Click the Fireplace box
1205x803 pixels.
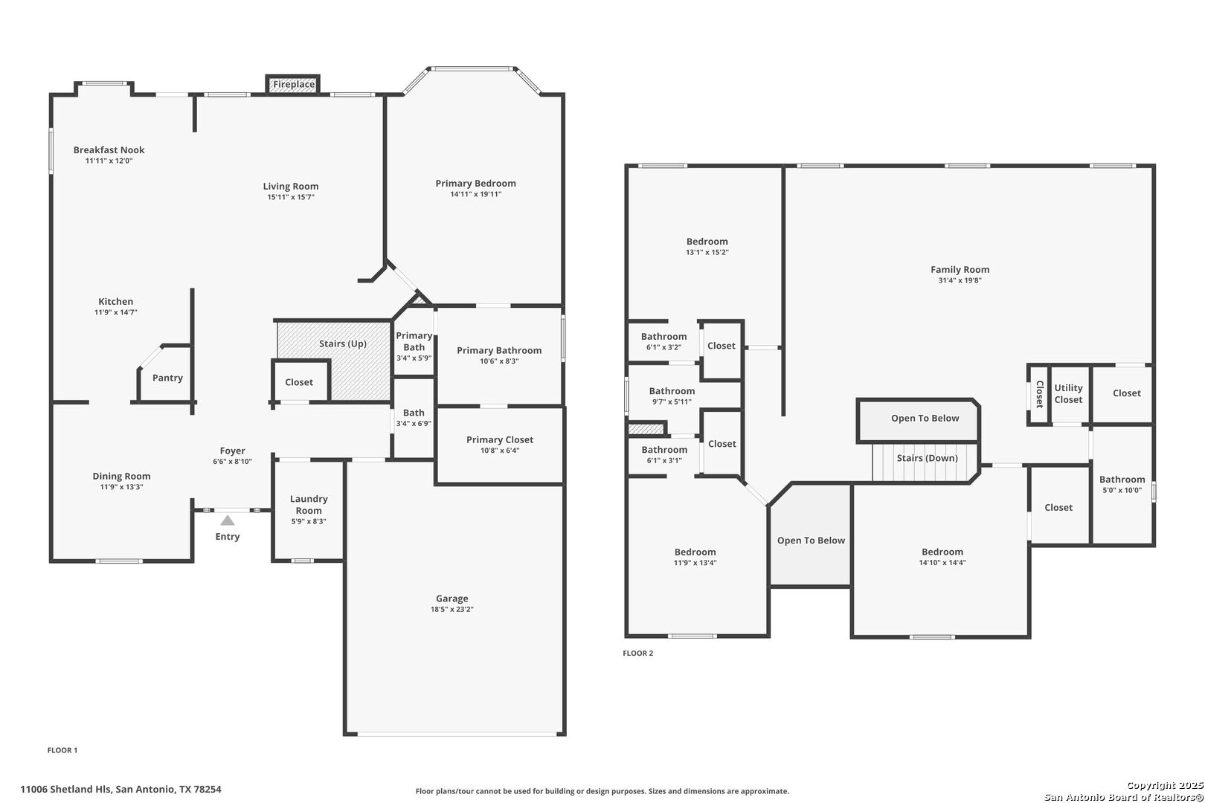point(293,85)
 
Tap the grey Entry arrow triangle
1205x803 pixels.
point(228,520)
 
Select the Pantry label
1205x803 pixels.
point(167,378)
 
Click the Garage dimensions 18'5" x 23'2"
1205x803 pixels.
point(452,610)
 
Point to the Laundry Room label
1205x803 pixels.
point(309,505)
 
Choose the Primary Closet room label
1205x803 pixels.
point(500,439)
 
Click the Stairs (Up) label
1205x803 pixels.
point(343,344)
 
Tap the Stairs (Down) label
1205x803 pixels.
point(927,458)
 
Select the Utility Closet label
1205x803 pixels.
point(1068,394)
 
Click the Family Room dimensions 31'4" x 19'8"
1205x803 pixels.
point(960,280)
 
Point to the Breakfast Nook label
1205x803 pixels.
point(109,150)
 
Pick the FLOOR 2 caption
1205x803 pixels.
point(638,653)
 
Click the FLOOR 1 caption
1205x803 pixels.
point(62,750)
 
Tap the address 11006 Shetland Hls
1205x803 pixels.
point(65,789)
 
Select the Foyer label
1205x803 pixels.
point(232,451)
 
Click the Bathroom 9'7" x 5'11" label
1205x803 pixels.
point(672,391)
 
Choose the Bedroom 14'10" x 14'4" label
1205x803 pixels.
point(942,552)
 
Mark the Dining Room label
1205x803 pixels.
point(121,477)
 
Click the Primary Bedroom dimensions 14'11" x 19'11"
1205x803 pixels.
point(476,194)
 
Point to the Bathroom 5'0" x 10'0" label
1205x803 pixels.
point(1122,480)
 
